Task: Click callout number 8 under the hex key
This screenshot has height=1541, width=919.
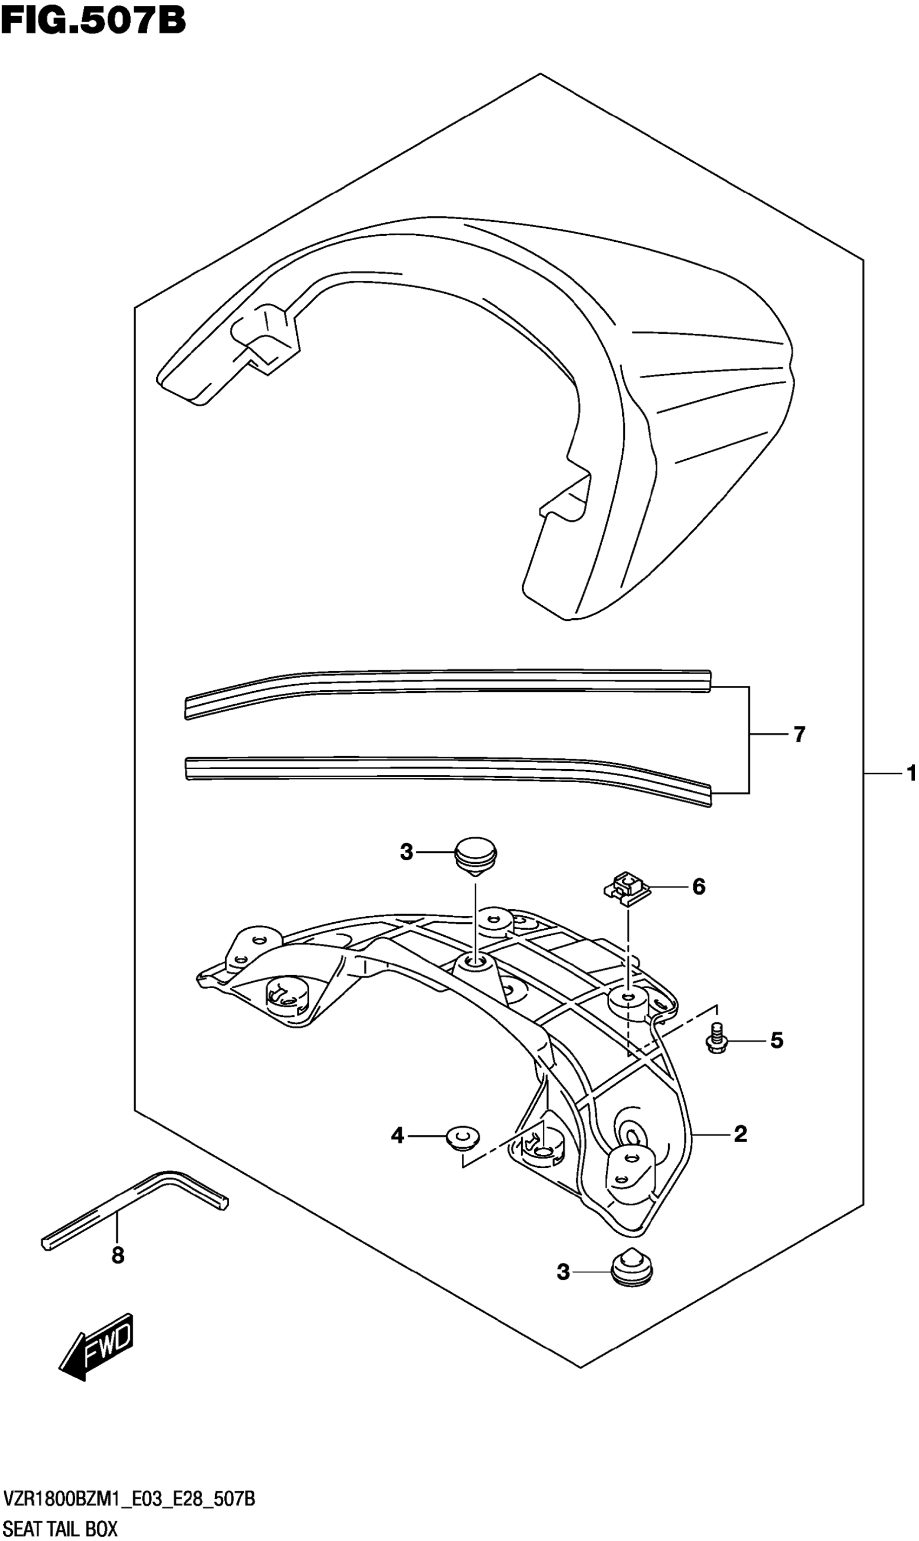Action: point(118,1256)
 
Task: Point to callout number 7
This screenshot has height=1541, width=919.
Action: point(802,735)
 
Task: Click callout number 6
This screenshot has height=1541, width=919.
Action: point(702,887)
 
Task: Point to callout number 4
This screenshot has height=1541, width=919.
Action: point(398,1136)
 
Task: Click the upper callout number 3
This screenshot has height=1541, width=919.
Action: point(408,852)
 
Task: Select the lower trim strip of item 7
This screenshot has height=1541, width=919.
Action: point(446,768)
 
